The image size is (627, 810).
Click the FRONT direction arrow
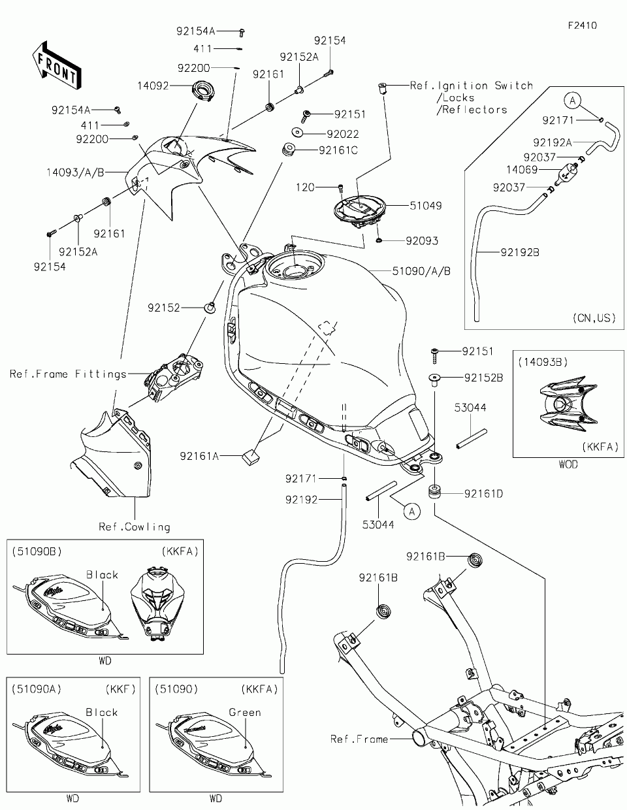point(57,66)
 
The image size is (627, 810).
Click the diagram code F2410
point(583,25)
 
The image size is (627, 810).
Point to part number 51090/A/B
point(421,271)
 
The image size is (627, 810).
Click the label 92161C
point(338,150)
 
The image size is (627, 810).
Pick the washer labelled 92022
point(297,133)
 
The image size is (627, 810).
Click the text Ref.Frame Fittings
point(68,374)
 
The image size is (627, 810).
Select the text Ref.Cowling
point(135,526)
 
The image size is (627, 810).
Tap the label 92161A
point(199,456)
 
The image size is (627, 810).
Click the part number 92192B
point(520,252)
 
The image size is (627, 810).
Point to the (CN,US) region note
point(594,318)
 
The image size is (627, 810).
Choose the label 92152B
point(483,378)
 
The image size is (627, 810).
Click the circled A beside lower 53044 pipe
point(411,511)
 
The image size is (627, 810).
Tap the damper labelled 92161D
point(434,491)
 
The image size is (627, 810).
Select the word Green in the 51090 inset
point(245,712)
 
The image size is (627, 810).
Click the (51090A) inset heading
point(37,689)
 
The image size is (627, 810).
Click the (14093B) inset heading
point(543,362)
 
